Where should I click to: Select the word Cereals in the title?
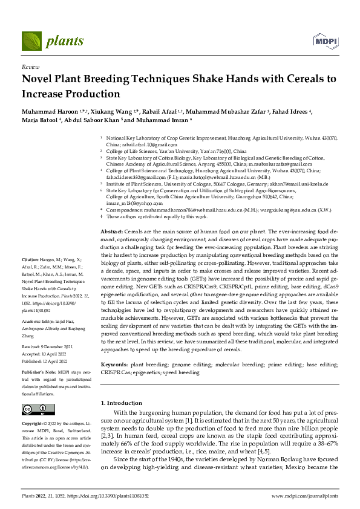[x=307, y=79]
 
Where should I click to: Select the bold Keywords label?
[x=113, y=366]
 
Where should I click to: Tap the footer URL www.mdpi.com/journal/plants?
[x=304, y=496]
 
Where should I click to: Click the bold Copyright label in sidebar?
[x=34, y=424]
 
